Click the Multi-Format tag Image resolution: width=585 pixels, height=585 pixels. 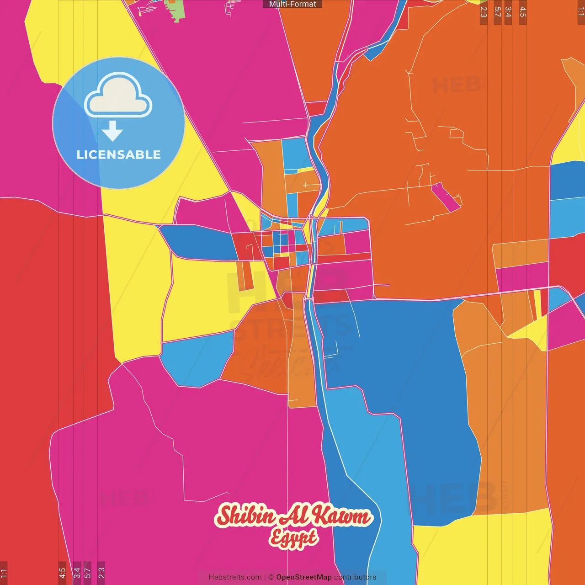[x=292, y=4]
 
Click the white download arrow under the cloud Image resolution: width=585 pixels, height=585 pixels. [x=112, y=131]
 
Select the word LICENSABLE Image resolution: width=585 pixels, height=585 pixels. [x=119, y=154]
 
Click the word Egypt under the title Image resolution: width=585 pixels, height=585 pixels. [x=293, y=537]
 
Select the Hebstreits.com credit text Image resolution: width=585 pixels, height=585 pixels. [x=235, y=577]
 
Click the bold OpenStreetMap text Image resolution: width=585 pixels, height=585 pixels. [x=304, y=577]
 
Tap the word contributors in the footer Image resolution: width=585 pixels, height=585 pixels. [x=355, y=577]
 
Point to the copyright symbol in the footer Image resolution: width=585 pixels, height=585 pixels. [x=271, y=577]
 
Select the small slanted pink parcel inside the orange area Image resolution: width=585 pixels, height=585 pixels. [x=445, y=197]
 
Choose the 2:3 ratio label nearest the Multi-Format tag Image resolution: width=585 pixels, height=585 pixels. [x=484, y=12]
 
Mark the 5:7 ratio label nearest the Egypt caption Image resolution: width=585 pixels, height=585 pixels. [x=87, y=572]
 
